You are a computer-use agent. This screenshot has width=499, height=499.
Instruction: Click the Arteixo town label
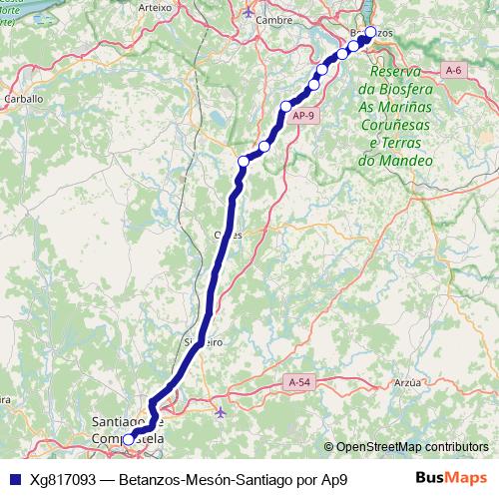(x=157, y=6)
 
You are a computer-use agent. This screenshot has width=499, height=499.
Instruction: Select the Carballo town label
(x=23, y=99)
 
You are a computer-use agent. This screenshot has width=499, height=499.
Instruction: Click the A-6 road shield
(x=454, y=70)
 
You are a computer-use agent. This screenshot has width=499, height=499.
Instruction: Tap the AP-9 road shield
(x=304, y=117)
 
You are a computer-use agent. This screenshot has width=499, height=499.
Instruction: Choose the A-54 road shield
(x=299, y=382)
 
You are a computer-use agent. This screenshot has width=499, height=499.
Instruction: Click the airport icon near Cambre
(x=249, y=11)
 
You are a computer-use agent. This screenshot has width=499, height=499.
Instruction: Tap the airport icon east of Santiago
(x=221, y=410)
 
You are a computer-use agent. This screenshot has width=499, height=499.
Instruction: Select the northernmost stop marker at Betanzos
(x=370, y=32)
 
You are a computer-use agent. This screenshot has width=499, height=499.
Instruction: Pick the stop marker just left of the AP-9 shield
(x=286, y=107)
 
